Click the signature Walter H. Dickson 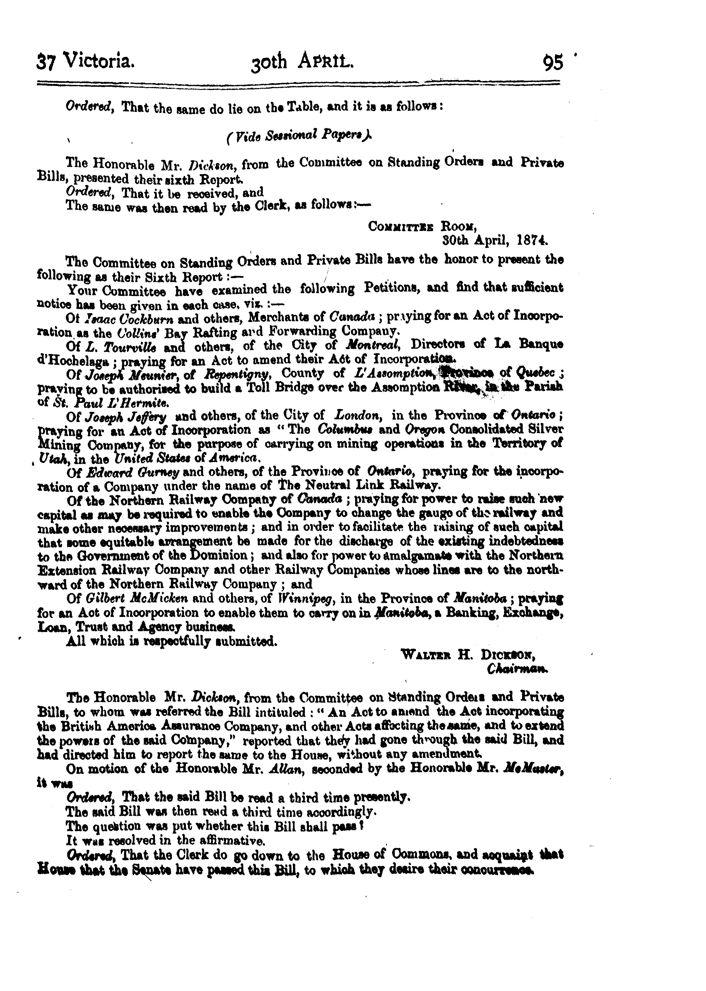tap(467, 654)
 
